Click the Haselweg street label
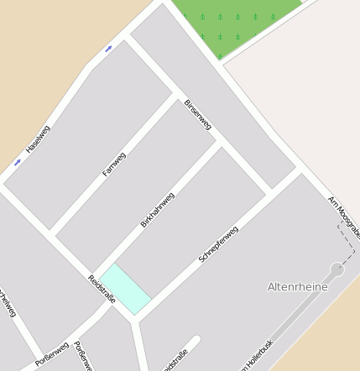point(39,138)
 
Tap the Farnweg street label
point(113,164)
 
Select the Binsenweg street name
point(198,115)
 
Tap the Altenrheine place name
point(297,287)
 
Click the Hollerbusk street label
point(257,356)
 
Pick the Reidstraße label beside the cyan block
point(101,289)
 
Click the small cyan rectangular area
point(126,289)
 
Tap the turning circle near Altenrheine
point(337,269)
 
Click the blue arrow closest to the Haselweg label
point(18,161)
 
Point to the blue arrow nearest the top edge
point(108,49)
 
